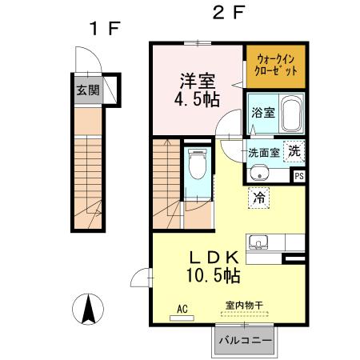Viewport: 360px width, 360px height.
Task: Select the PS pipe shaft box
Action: click(x=299, y=176)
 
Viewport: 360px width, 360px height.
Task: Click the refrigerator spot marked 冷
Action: click(x=259, y=194)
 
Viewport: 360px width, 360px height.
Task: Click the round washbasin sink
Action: click(x=258, y=174)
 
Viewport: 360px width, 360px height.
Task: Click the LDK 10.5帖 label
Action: click(x=213, y=266)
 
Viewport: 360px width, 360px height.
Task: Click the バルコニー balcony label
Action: click(x=244, y=341)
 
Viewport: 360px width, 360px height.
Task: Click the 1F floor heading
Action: click(x=104, y=29)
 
